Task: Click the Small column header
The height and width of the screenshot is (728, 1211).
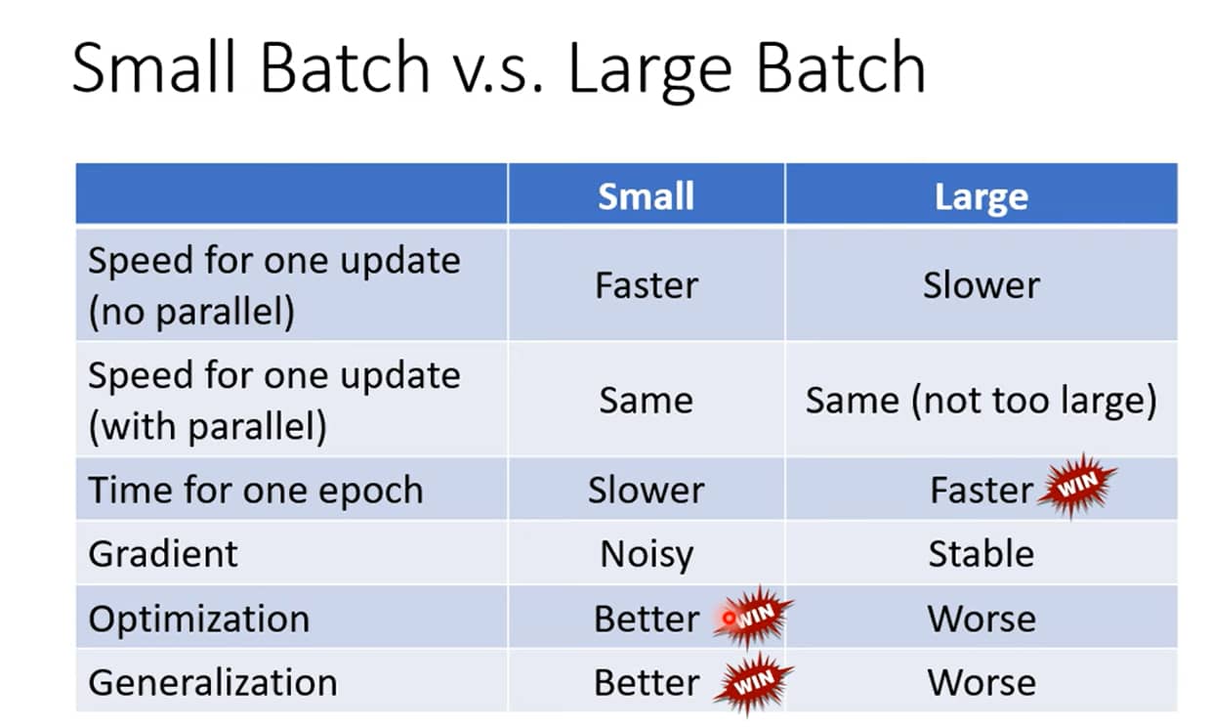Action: (646, 195)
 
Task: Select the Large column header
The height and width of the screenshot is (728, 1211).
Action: (981, 197)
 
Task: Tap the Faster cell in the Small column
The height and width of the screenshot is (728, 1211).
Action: (647, 285)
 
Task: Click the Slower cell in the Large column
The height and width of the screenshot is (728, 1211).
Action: (981, 285)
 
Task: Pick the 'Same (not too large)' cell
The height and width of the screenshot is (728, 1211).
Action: (981, 401)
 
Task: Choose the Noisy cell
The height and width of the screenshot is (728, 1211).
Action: (647, 555)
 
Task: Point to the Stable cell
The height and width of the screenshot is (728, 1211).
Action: (981, 554)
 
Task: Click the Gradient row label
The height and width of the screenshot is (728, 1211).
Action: (163, 554)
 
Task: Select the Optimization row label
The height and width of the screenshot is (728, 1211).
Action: (199, 619)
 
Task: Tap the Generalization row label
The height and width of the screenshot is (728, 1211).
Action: (213, 683)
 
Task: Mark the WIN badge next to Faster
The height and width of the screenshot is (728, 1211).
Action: (1077, 485)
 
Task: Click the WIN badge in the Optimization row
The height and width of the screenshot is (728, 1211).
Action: (754, 617)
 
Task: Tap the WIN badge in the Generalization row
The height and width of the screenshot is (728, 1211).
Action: (754, 683)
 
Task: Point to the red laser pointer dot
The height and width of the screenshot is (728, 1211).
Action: (729, 618)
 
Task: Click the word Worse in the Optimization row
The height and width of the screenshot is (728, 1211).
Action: (981, 619)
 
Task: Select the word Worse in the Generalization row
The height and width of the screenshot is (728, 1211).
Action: (981, 683)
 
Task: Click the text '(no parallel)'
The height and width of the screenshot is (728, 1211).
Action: (191, 313)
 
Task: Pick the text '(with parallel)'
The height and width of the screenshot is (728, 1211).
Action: (208, 427)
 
